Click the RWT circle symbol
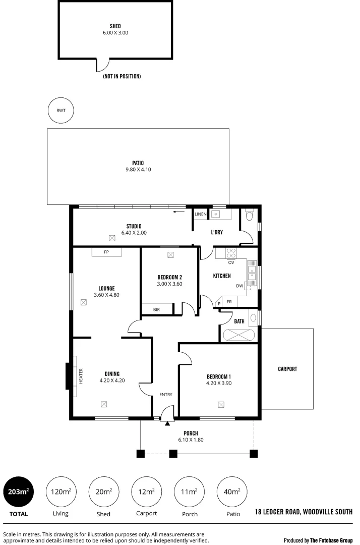coord(61,111)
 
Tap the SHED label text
coord(115,26)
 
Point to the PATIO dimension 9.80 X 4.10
coord(138,170)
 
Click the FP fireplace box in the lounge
coord(106,252)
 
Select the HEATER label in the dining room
coord(81,376)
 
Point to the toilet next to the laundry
coord(248,216)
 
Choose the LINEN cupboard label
coord(201,214)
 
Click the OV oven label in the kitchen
coord(231,262)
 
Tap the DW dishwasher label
coord(239,286)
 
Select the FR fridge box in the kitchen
coord(229,302)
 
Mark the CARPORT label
coord(287,369)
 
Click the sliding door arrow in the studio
coord(178,212)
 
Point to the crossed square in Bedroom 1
coord(221,404)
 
